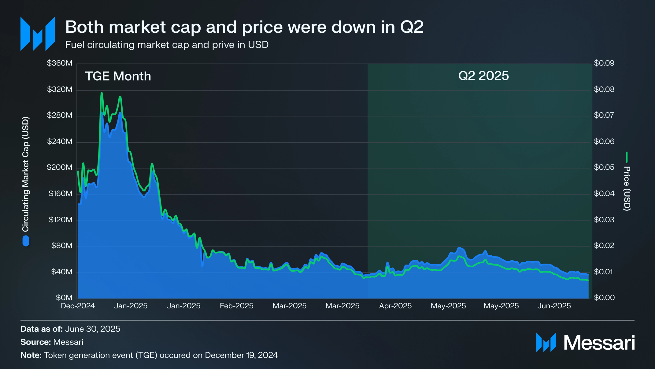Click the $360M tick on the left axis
60,63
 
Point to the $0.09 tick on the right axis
604,63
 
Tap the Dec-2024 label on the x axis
78,306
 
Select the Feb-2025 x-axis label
237,306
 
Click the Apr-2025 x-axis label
395,306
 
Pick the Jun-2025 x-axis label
554,306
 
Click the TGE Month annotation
118,76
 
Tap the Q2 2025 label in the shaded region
483,76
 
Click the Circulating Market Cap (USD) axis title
25,174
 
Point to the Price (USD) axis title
627,188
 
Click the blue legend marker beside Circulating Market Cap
26,241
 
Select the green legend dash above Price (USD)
627,157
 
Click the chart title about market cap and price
244,27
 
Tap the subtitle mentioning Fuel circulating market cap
167,45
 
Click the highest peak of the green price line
102,93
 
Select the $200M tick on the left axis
60,167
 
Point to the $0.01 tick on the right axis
604,272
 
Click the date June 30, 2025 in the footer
93,329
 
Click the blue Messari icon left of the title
38,34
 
